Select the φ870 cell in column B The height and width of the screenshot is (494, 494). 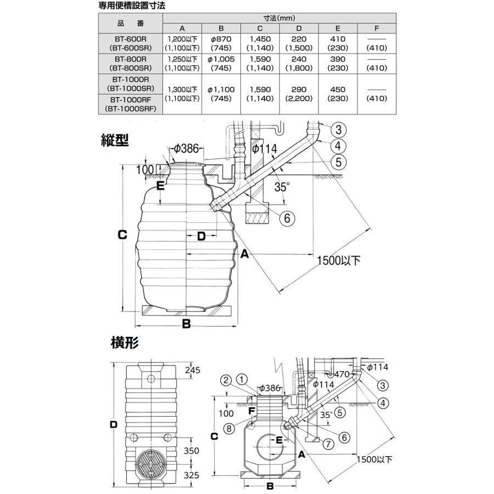221,40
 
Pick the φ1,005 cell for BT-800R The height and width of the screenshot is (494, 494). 221,59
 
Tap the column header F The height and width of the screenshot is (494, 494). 376,29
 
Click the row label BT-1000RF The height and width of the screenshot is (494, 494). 130,99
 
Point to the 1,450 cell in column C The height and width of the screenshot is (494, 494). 260,40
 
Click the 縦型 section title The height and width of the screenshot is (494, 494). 115,141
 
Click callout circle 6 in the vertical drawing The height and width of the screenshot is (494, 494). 287,218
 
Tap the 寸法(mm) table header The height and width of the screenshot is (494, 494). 279,18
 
